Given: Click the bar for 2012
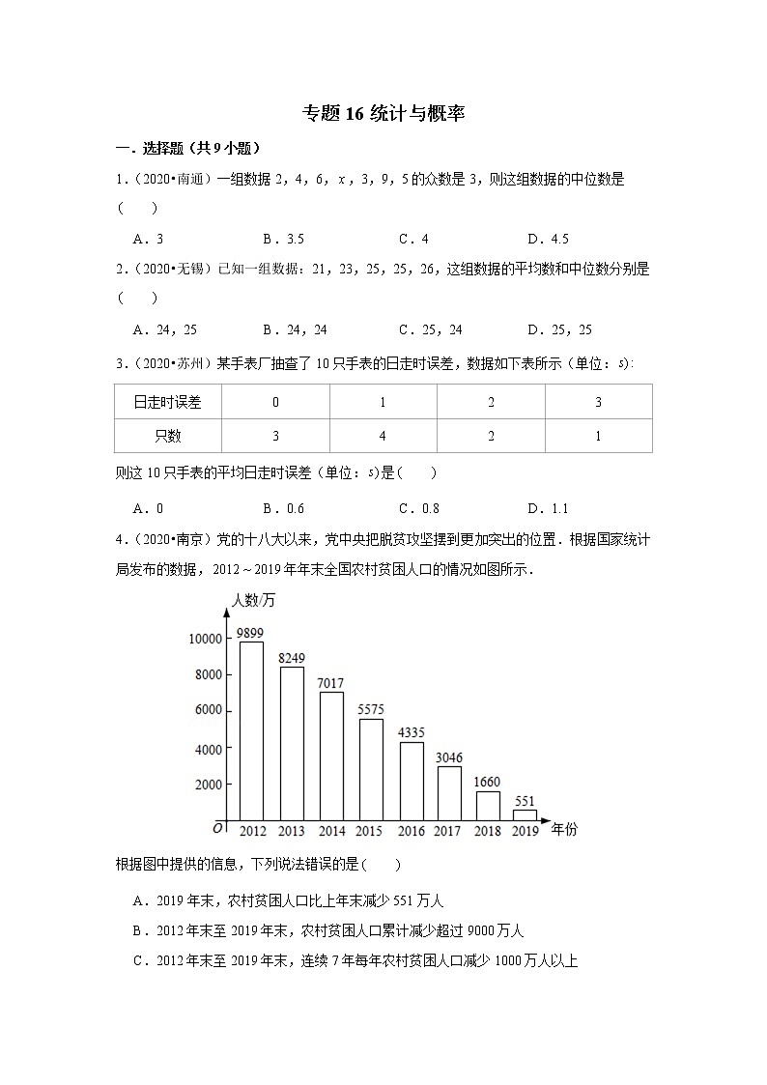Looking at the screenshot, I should tap(251, 731).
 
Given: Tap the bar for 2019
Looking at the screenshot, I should tap(525, 815).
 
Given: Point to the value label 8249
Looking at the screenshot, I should tap(291, 658).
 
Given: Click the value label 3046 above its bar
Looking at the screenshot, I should tap(449, 757).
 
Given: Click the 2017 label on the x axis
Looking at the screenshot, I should tap(448, 831).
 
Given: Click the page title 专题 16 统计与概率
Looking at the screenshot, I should tap(383, 113).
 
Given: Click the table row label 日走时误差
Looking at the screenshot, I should tap(167, 403).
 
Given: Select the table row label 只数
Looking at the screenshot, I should tap(167, 436).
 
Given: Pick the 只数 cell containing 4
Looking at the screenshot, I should tap(383, 436).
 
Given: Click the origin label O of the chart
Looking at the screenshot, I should tap(217, 829).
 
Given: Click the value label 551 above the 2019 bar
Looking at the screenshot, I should tap(525, 801).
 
